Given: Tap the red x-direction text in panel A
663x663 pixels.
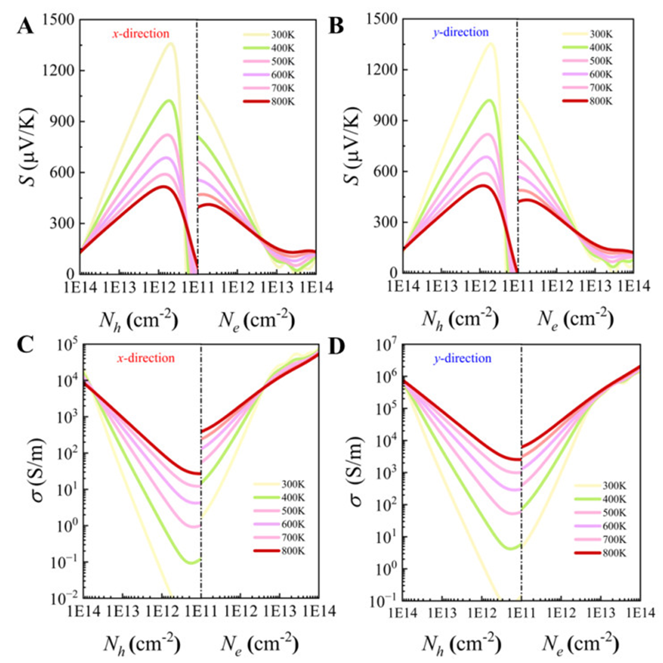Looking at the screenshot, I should [x=141, y=34].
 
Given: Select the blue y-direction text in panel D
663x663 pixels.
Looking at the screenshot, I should [x=462, y=358].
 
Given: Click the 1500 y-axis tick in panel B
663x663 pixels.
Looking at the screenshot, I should [x=382, y=19].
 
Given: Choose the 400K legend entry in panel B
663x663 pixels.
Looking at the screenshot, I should [x=588, y=48].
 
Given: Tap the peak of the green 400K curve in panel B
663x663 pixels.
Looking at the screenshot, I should [x=489, y=100].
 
